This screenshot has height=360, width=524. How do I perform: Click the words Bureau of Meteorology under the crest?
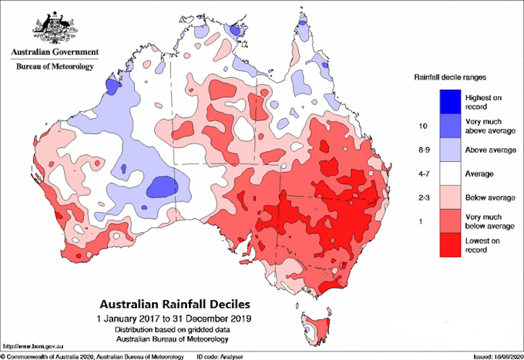click(x=54, y=66)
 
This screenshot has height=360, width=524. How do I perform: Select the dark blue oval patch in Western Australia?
click(x=163, y=186)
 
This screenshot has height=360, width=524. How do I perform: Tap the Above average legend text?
click(x=491, y=149)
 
